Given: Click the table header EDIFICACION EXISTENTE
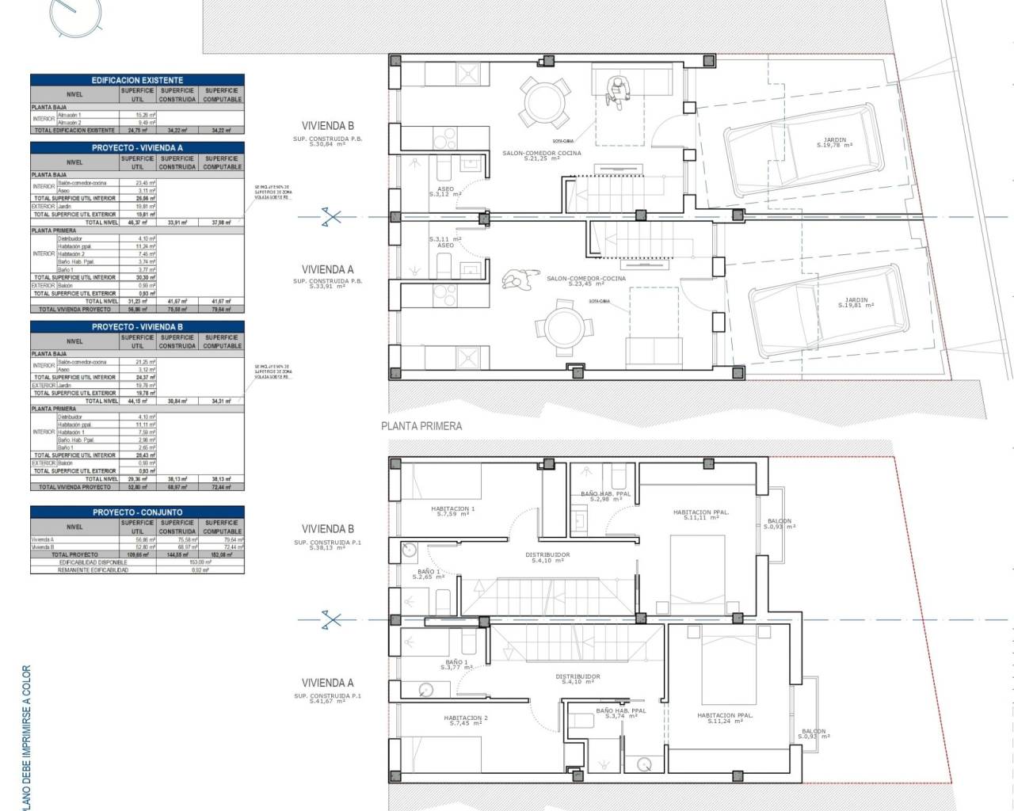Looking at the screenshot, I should tap(137, 80).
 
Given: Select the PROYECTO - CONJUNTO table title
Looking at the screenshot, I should tap(137, 512).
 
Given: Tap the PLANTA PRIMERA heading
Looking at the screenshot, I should tap(421, 426).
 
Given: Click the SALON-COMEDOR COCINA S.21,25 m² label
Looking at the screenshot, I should tap(541, 155).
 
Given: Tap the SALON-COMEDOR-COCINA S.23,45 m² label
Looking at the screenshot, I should tap(585, 281).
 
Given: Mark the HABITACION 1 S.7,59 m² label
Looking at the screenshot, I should tap(453, 511).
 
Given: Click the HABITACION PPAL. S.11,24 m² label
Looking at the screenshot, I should tap(725, 718).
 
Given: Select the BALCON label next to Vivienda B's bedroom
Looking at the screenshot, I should tap(780, 524).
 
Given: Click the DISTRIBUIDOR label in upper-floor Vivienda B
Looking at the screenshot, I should tap(547, 557).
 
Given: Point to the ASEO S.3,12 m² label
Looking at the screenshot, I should tap(446, 191).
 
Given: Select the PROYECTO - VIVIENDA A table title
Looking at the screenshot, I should tap(137, 147).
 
